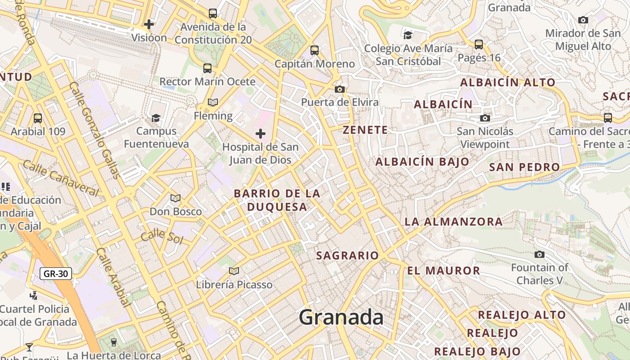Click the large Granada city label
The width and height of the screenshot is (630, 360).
click(x=341, y=317)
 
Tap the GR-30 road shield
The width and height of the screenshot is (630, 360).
click(x=56, y=273)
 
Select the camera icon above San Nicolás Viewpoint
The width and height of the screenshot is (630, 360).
click(x=485, y=118)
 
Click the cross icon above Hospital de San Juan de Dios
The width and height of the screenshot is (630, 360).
click(x=260, y=134)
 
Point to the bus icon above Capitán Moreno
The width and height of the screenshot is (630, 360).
click(x=315, y=50)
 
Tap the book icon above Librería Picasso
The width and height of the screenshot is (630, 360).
click(x=234, y=271)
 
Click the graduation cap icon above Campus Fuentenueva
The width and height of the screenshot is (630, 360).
click(x=156, y=118)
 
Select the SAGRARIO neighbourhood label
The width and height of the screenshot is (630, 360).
click(x=347, y=256)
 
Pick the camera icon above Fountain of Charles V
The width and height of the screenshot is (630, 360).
click(x=539, y=255)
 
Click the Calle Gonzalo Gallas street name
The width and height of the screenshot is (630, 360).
click(x=95, y=130)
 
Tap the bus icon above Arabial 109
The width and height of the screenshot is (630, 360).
click(x=38, y=118)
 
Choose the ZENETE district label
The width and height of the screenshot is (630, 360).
click(x=365, y=130)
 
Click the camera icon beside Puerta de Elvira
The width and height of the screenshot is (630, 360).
click(x=340, y=89)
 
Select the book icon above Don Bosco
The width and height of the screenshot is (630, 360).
click(x=175, y=198)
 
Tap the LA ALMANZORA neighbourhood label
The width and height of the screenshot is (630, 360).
click(x=453, y=221)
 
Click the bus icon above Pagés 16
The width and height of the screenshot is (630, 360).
click(x=479, y=45)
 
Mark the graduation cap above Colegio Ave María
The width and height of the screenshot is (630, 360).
click(x=408, y=35)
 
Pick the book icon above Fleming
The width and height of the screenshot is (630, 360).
click(x=213, y=103)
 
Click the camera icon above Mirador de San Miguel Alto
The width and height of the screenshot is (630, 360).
click(x=583, y=20)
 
